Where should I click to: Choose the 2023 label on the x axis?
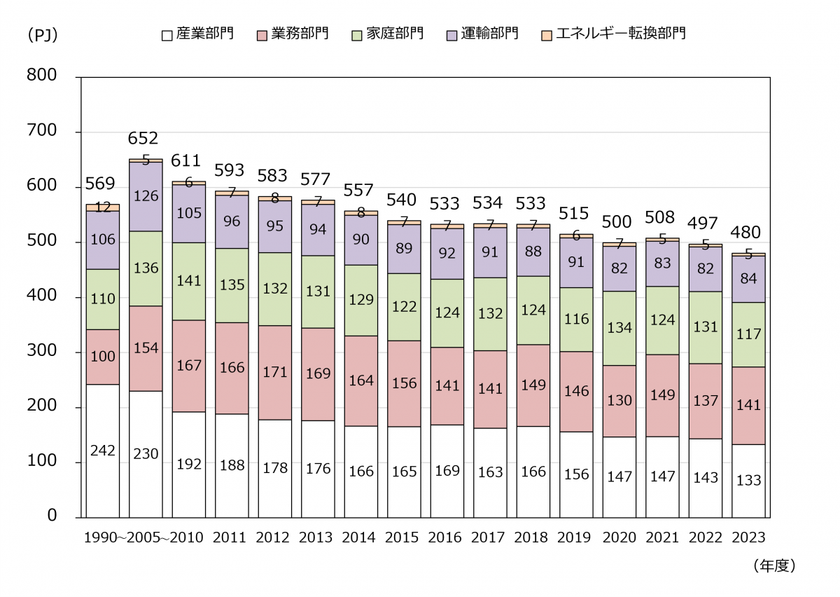pyautogui.click(x=748, y=538)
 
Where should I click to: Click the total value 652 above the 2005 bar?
pyautogui.click(x=143, y=139)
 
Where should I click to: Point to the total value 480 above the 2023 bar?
pyautogui.click(x=747, y=233)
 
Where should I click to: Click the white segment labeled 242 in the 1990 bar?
pyautogui.click(x=102, y=451)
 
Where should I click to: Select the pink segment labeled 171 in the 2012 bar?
pyautogui.click(x=275, y=372)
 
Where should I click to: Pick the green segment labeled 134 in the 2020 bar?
pyautogui.click(x=619, y=328)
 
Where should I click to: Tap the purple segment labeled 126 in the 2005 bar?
pyautogui.click(x=146, y=196)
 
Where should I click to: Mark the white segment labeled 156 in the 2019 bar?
pyautogui.click(x=576, y=474)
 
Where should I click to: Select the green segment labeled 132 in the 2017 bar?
pyautogui.click(x=490, y=314)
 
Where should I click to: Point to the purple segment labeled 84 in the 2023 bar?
pyautogui.click(x=748, y=279)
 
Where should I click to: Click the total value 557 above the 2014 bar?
pyautogui.click(x=360, y=191)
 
